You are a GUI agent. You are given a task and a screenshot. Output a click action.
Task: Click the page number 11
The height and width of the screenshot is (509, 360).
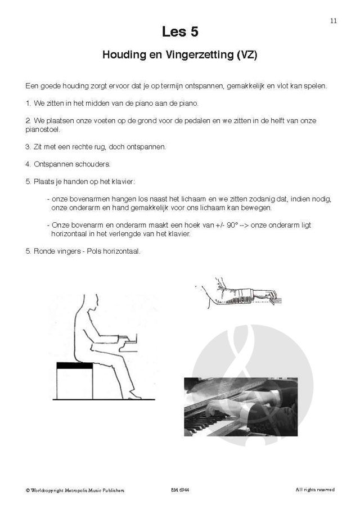tap(334, 21)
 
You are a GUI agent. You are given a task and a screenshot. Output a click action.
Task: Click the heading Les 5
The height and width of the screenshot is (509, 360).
tap(180, 32)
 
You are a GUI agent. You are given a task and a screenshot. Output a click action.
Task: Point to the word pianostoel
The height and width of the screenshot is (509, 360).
tap(43, 129)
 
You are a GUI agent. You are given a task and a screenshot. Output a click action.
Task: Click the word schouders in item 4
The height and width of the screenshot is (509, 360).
tap(92, 164)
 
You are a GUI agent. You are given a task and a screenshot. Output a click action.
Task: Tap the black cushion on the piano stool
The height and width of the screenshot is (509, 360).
tap(75, 366)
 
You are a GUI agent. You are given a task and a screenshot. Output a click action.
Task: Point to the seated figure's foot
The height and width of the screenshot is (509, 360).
tap(134, 396)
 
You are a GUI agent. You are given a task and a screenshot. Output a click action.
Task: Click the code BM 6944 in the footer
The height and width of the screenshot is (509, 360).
tap(180, 490)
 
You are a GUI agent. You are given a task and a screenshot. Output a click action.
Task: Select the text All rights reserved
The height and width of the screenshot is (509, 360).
tap(315, 489)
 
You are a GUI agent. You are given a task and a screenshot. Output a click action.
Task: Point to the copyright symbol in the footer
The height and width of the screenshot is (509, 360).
tap(28, 490)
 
